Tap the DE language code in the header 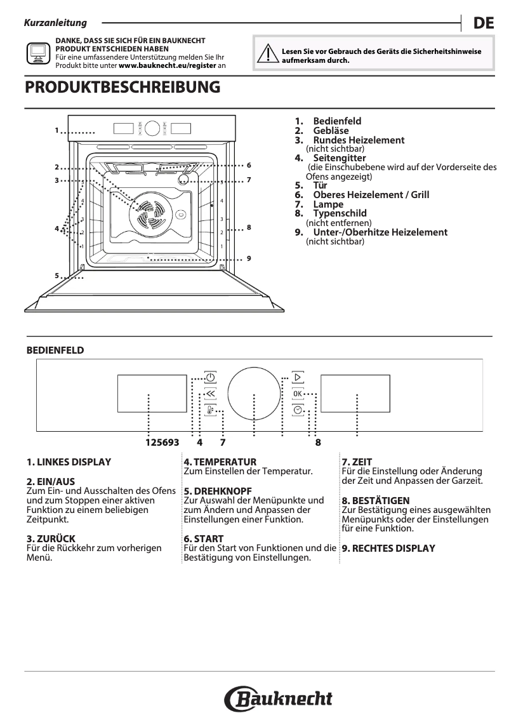pos(483,23)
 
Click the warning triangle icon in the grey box pos(271,55)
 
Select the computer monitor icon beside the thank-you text pos(37,53)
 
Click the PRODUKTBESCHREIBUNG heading pos(122,87)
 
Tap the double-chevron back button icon pos(210,394)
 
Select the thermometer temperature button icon pos(210,410)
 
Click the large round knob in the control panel pos(254,394)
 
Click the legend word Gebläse pos(331,131)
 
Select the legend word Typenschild pos(340,214)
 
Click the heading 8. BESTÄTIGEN pos(375,501)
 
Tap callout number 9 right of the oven pos(249,258)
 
